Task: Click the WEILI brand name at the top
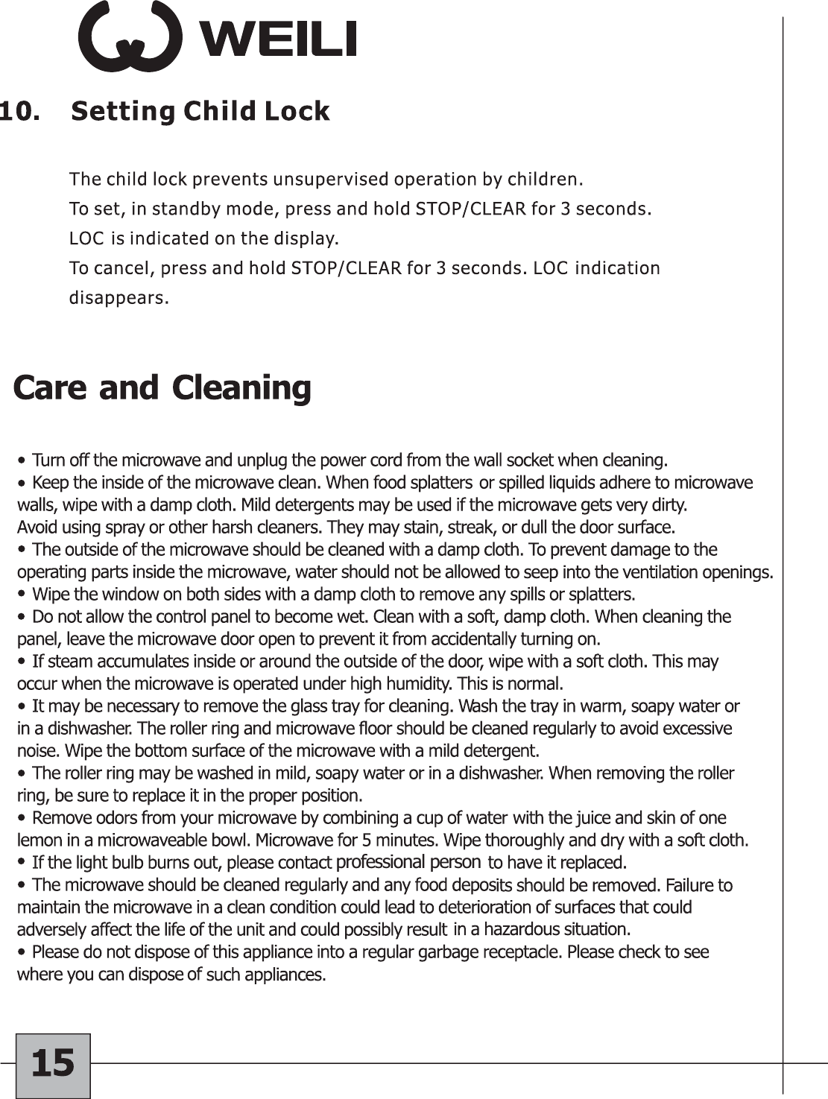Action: coord(275,39)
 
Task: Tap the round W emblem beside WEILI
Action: coord(130,37)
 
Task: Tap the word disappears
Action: coord(118,298)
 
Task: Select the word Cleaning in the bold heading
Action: coord(241,388)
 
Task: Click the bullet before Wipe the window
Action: coord(23,595)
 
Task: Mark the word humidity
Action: coord(420,684)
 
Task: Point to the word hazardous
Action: coord(524,929)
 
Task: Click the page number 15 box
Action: coord(53,1065)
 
